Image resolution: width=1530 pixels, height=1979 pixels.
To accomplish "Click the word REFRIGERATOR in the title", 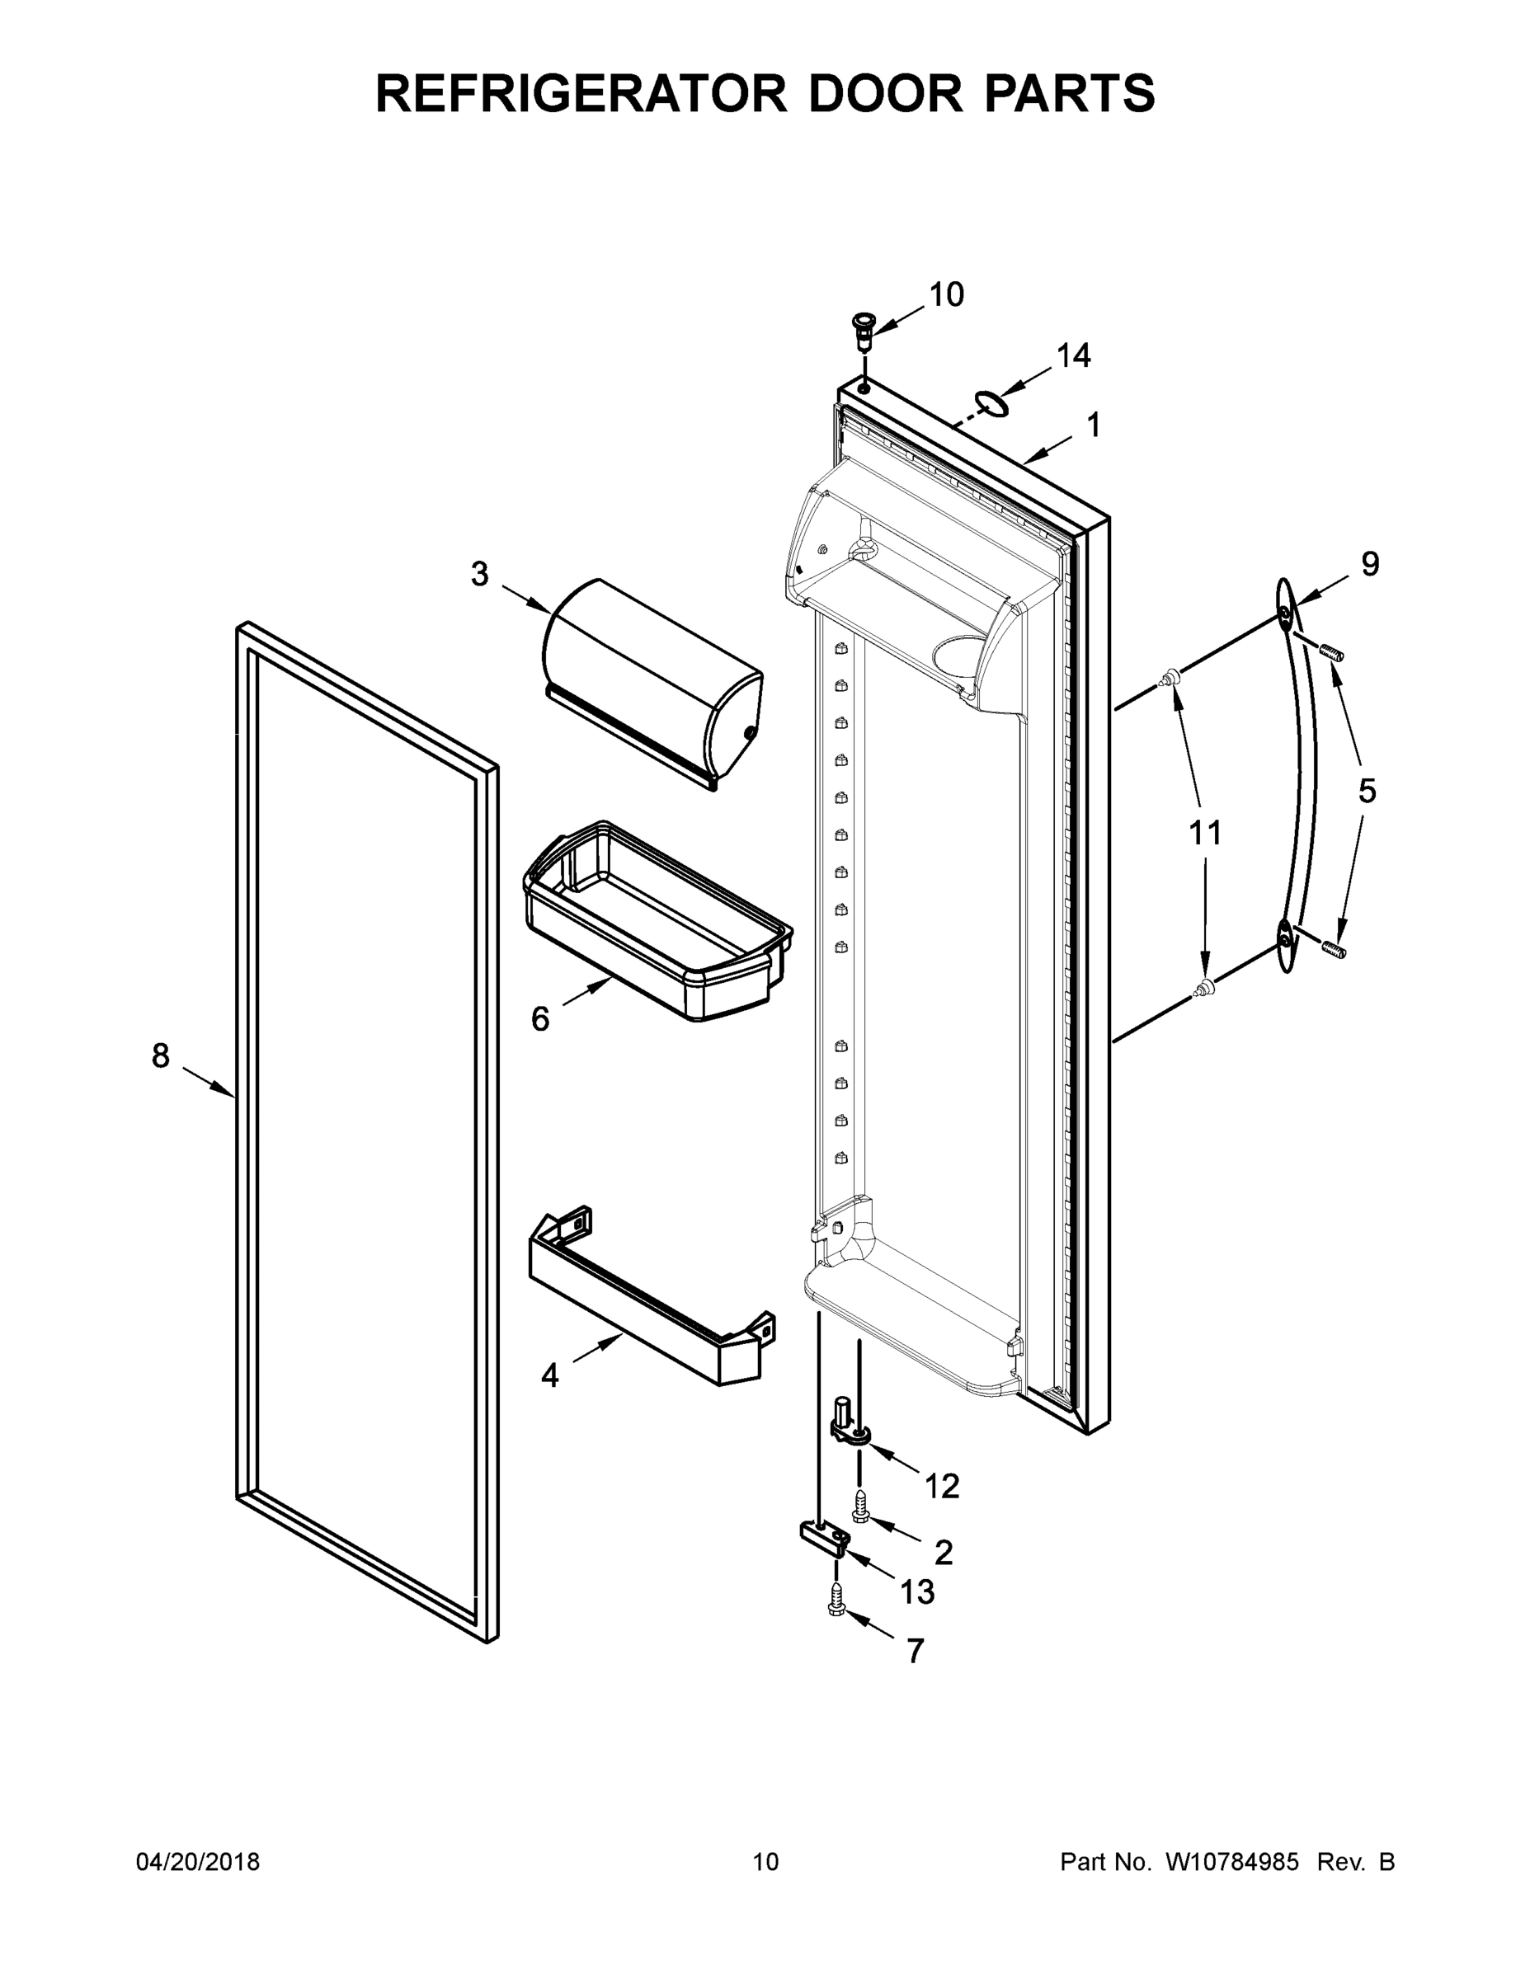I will tap(580, 92).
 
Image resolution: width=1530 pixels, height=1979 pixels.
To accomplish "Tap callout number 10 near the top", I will tap(946, 294).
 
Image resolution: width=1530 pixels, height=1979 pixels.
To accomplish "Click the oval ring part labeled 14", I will tap(991, 403).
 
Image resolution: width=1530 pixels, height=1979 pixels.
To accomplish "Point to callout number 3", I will tap(479, 574).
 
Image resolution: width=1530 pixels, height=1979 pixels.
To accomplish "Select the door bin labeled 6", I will tap(657, 919).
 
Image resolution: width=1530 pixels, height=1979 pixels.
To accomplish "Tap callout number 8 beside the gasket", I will tap(161, 1055).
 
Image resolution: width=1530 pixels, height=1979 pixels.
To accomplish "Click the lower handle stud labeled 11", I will tap(1203, 989).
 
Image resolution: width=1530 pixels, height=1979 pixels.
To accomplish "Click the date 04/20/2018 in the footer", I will tap(198, 1861).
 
